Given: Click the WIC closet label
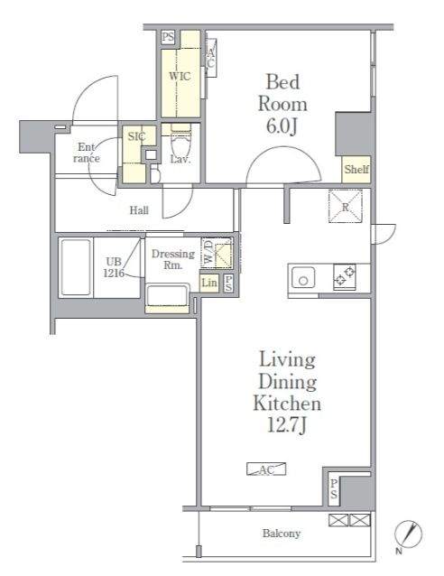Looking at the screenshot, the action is coord(180,76).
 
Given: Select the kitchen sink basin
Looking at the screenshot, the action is coord(303,278).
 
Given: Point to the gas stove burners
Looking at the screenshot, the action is coord(345,277).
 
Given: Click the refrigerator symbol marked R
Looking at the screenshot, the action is coord(346,206).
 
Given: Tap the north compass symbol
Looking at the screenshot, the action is coord(408,534).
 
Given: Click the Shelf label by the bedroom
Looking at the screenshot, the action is coord(356,170).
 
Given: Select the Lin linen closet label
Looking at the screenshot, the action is coord(209,283).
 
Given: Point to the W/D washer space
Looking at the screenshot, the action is coord(217,253).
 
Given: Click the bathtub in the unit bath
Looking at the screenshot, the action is coord(76,267).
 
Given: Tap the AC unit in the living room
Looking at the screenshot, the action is coord(266,469).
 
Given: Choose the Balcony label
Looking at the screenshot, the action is coord(282,534).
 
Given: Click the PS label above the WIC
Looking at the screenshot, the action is coord(168,37).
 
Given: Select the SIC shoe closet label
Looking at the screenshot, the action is coord(136,136).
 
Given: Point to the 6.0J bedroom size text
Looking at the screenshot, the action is coord(282,125).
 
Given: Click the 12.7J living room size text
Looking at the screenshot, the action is coord(286,425).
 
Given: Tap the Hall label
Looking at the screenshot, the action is coord(139,210).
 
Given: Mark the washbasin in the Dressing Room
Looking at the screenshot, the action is coord(168,296).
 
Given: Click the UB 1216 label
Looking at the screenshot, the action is coord(114,267).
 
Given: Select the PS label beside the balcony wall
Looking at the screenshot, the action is coord(334,488).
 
